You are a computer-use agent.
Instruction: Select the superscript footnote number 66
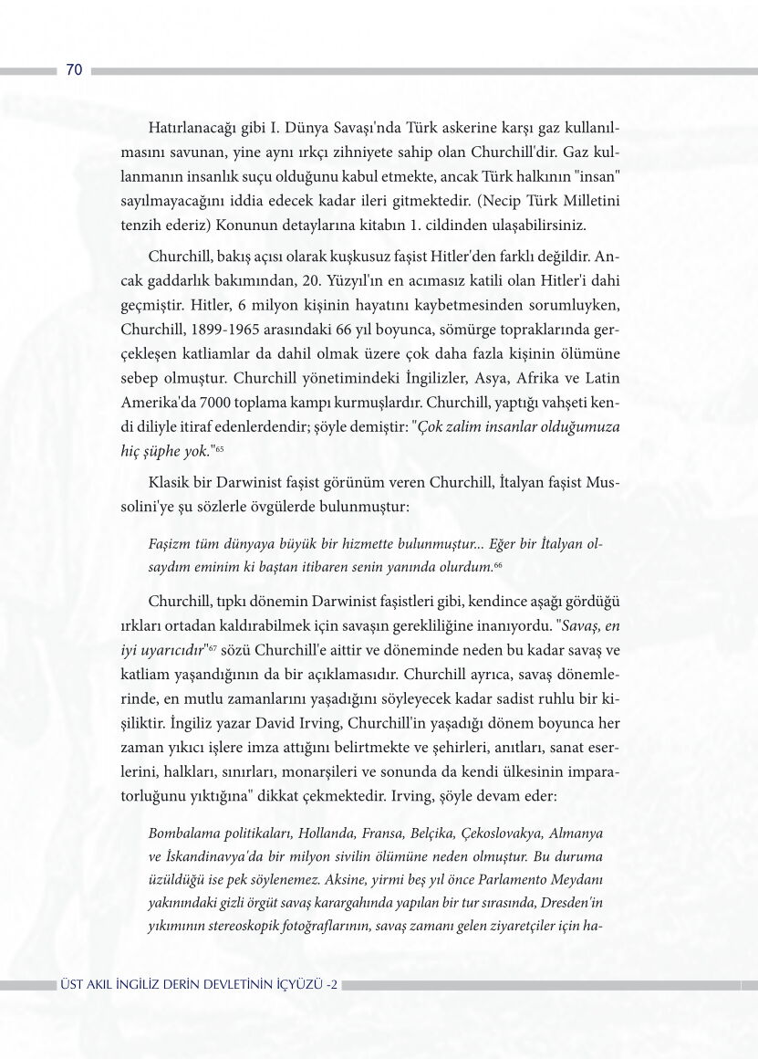point(498,567)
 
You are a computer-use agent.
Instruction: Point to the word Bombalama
point(182,834)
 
